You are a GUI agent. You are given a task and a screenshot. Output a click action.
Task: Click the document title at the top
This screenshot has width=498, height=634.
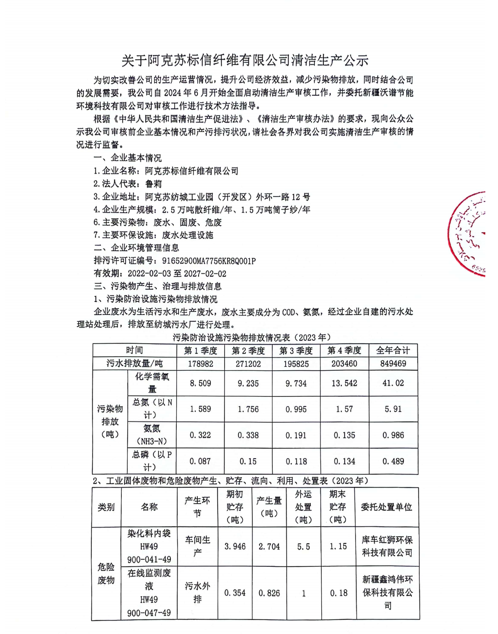245,60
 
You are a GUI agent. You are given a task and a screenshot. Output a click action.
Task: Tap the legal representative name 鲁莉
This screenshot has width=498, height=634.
153,184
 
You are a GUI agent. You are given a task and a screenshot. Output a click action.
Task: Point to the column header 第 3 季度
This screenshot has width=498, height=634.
296,350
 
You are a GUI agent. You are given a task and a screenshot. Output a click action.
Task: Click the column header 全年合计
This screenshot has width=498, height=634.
393,350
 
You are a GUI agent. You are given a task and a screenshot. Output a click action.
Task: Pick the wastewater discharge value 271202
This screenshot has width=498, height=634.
248,363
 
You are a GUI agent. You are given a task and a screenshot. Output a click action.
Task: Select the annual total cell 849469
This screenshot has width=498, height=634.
393,363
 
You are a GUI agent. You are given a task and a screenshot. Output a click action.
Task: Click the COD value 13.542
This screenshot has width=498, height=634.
344,383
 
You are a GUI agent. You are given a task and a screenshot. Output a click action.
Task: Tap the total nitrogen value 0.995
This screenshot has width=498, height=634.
296,409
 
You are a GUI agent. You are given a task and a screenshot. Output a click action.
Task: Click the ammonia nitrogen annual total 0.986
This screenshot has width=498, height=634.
393,435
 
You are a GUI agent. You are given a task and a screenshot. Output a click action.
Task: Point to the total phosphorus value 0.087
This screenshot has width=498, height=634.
200,462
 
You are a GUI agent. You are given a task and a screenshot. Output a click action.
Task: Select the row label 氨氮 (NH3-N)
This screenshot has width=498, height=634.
152,435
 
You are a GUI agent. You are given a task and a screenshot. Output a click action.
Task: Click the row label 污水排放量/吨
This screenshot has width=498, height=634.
134,363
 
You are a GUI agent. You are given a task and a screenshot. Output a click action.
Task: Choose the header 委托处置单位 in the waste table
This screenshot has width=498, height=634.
386,507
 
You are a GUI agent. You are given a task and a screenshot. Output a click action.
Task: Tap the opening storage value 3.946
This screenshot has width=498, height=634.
235,547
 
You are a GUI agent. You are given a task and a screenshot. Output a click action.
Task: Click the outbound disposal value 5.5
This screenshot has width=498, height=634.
304,547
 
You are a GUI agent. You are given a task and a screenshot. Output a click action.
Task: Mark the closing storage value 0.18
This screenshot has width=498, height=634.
339,593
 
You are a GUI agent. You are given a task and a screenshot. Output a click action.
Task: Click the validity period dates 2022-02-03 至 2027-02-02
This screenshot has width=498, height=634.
177,274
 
